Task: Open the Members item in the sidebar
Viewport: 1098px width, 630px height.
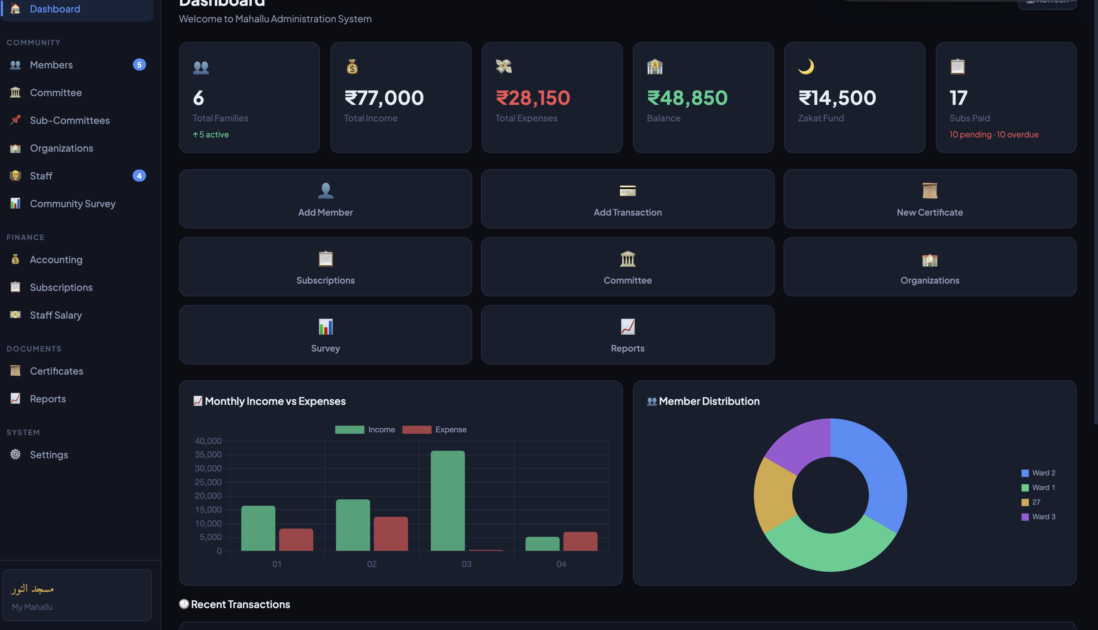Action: tap(51, 65)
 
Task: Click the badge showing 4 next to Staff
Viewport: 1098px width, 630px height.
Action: tap(139, 176)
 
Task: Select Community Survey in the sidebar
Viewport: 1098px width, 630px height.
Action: tap(72, 204)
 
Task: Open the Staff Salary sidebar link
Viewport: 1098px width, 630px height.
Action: tap(56, 315)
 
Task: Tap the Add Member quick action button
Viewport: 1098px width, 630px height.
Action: tap(325, 198)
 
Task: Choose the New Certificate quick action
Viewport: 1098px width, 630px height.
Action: tap(929, 198)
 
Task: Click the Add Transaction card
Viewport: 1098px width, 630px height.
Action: tap(627, 198)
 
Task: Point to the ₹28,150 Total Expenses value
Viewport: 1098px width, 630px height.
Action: tap(533, 98)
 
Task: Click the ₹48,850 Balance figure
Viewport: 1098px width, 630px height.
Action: tap(687, 98)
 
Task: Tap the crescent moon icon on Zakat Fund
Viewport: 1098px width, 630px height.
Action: tap(806, 66)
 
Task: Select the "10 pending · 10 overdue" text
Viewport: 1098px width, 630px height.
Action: tap(994, 134)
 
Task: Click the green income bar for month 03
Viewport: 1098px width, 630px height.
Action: tap(447, 501)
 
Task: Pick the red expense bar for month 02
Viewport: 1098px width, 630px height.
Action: tap(390, 534)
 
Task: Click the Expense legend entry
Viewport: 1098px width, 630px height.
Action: tap(434, 430)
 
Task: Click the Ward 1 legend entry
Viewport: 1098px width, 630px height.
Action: tap(1038, 487)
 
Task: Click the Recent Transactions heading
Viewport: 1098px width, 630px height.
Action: tap(240, 604)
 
